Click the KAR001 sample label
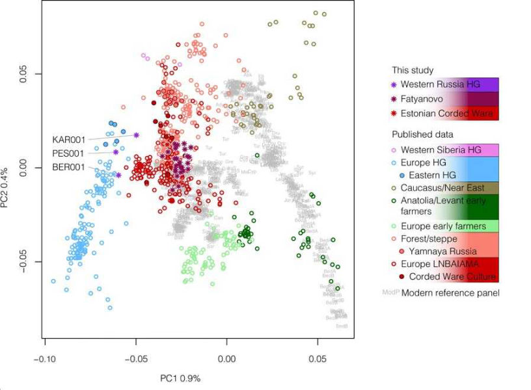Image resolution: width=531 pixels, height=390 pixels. point(68,140)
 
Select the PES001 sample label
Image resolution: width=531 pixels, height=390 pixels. point(68,154)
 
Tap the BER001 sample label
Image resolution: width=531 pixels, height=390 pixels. point(68,168)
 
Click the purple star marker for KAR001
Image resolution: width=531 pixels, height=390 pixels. point(137,135)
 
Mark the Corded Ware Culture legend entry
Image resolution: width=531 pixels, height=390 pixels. point(452,277)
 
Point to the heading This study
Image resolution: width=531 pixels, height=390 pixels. point(413,70)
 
